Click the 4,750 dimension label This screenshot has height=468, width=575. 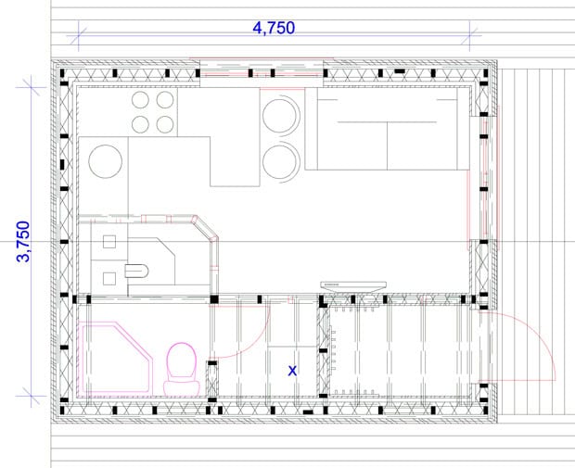[274, 28]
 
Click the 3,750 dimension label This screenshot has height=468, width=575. [23, 242]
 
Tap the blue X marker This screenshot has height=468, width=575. [292, 371]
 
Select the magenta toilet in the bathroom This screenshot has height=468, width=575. [182, 369]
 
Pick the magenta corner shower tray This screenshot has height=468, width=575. [115, 359]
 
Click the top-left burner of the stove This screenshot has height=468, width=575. [140, 100]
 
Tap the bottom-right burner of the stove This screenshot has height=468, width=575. [165, 124]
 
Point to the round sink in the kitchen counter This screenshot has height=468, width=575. [106, 161]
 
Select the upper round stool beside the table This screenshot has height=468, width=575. [281, 115]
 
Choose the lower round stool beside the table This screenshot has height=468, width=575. [281, 162]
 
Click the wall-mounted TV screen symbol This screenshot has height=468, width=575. [353, 286]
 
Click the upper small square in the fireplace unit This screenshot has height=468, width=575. [109, 242]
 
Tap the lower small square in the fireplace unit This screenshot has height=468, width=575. [109, 279]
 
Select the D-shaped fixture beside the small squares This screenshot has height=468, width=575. [136, 271]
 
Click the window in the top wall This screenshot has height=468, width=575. [262, 72]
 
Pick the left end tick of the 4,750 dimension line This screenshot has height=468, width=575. [79, 35]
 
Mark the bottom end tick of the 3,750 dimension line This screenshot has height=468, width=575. [31, 396]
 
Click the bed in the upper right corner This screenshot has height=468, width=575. [388, 129]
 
